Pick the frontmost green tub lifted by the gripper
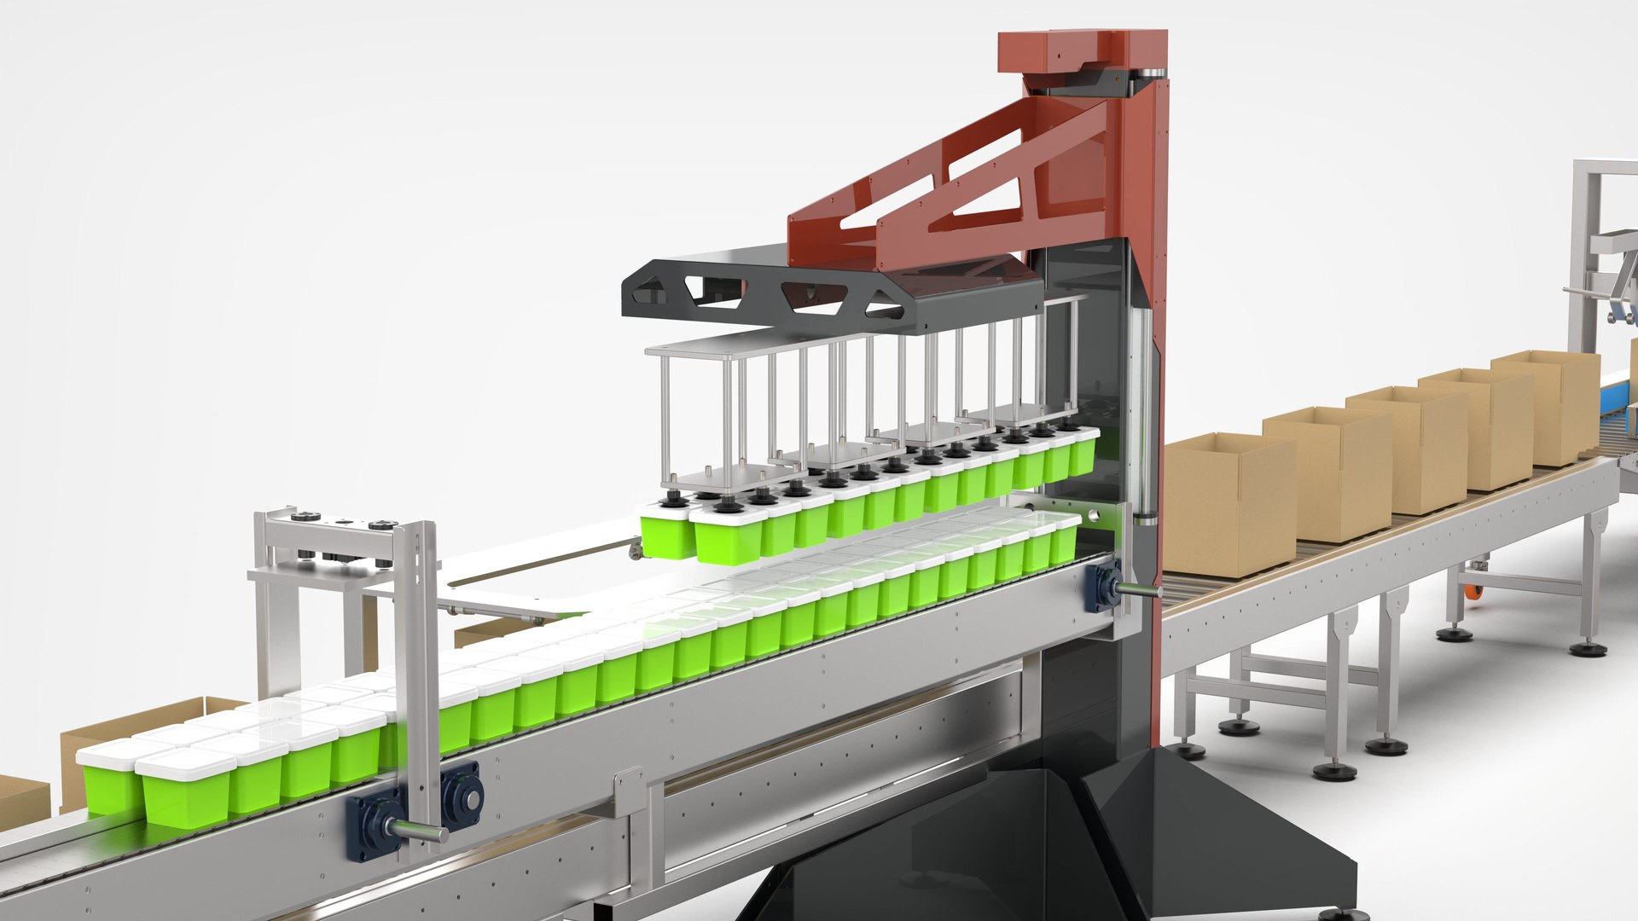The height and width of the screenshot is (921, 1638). click(x=728, y=542)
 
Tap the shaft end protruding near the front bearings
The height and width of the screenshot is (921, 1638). click(x=418, y=831)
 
